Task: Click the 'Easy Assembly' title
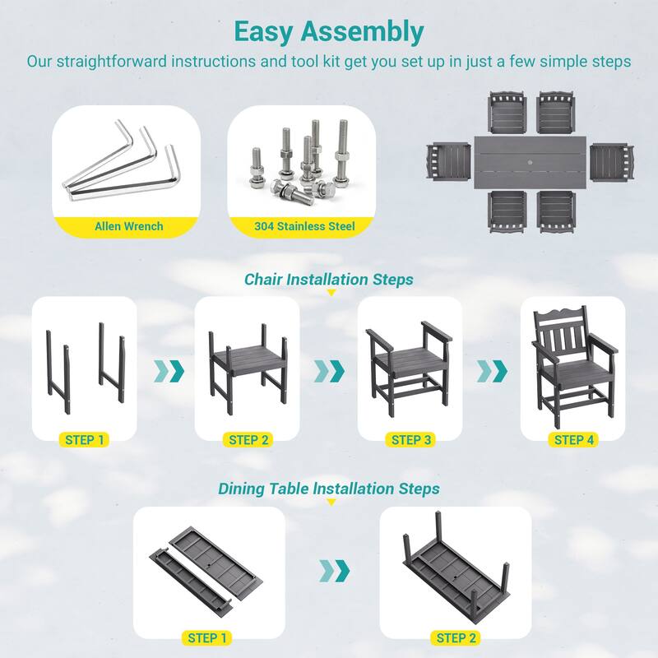(x=329, y=32)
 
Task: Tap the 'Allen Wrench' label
(x=129, y=226)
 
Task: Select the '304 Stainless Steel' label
(x=304, y=226)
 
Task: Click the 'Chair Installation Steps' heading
(x=329, y=280)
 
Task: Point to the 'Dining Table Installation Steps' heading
(x=329, y=489)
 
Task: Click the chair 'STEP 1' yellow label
(x=85, y=440)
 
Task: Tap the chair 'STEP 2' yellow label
(x=248, y=440)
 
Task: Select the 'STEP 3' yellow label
(x=410, y=440)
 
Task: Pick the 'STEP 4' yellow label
(x=573, y=440)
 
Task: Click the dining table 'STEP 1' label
(x=207, y=638)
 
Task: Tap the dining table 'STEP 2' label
(x=456, y=638)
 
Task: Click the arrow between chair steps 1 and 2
(x=169, y=372)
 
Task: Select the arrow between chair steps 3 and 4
(x=492, y=372)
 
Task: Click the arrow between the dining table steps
(x=335, y=571)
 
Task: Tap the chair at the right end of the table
(x=612, y=162)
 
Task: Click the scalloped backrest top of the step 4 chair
(x=560, y=313)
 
